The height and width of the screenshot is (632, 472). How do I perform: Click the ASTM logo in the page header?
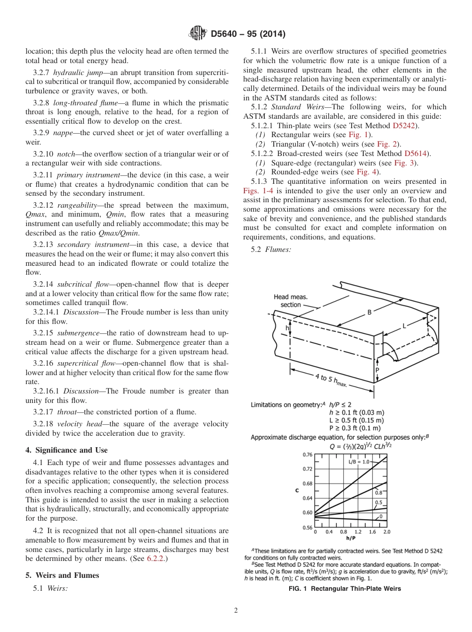198,34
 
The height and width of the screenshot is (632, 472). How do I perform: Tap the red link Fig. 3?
408,163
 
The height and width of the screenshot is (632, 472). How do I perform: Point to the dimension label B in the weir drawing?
369,312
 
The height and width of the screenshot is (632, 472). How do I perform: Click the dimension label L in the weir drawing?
404,325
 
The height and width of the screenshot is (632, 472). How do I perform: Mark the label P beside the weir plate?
377,370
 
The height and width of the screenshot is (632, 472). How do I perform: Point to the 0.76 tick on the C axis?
308,455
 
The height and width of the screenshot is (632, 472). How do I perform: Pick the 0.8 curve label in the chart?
379,492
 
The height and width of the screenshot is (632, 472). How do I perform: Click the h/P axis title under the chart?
351,538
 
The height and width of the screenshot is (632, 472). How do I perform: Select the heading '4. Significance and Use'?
66,450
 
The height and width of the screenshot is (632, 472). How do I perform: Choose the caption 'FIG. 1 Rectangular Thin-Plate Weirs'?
345,589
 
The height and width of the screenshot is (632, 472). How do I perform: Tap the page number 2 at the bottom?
236,611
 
